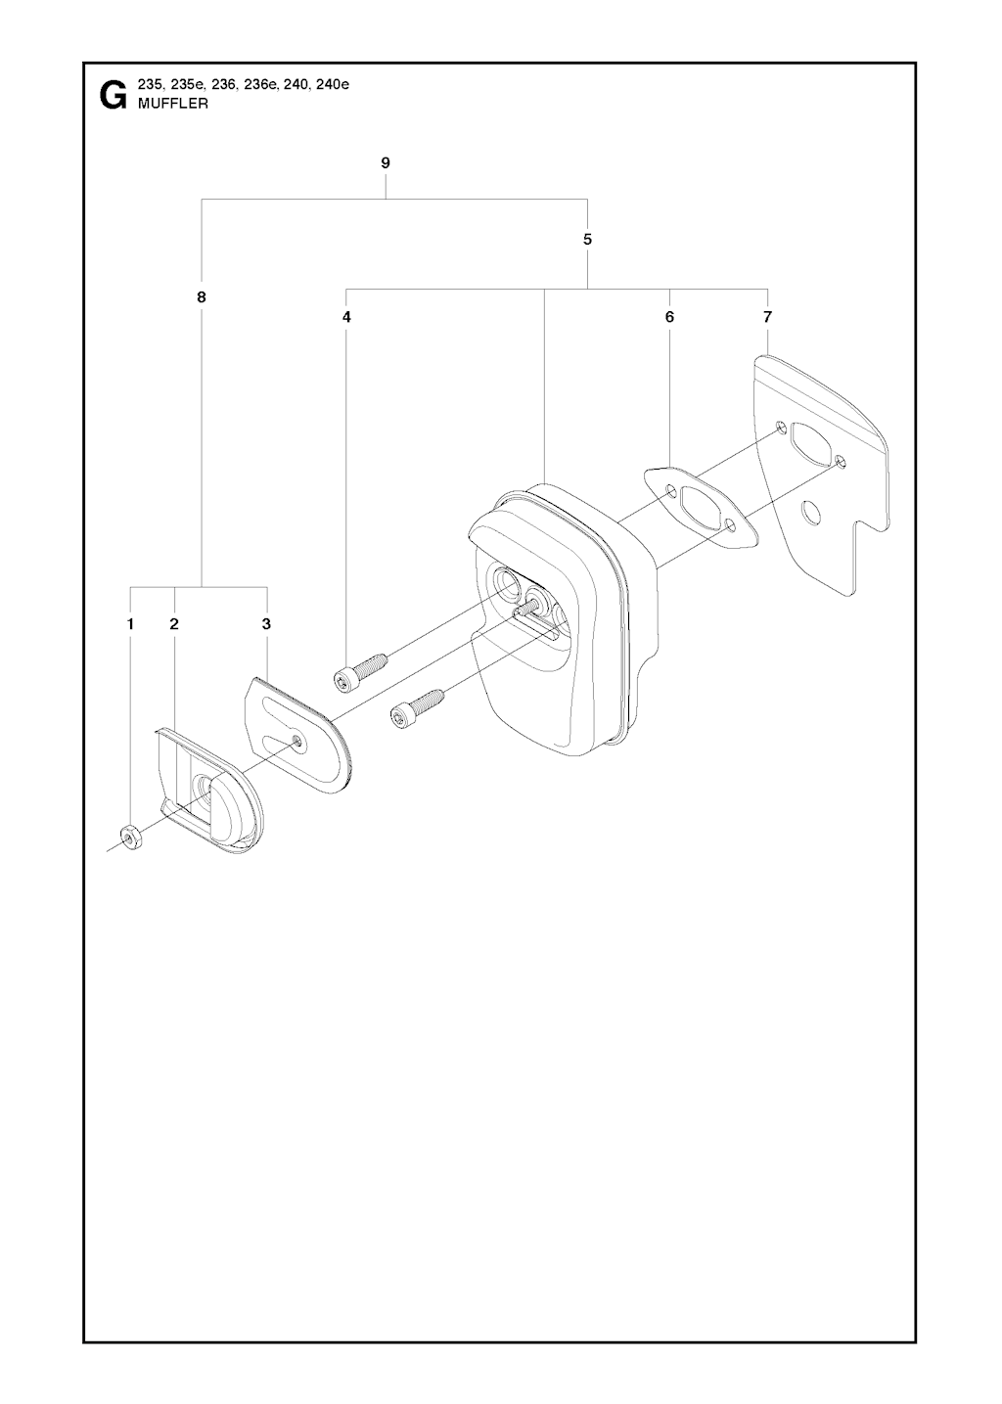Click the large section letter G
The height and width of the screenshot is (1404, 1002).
pos(112,95)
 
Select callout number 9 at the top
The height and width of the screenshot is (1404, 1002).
pos(385,163)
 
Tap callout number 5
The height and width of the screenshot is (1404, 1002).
pos(587,240)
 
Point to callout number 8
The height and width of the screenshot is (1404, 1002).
pos(202,297)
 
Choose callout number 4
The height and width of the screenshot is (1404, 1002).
pos(346,317)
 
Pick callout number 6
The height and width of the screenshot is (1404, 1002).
pos(669,317)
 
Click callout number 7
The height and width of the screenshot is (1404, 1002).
pos(768,317)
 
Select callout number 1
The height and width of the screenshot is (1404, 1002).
pos(130,624)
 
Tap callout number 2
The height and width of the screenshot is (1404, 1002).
pos(174,624)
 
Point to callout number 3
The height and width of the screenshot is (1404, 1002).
pos(266,624)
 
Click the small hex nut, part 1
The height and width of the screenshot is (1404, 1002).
pos(131,837)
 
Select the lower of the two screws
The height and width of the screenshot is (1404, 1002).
pos(417,707)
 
